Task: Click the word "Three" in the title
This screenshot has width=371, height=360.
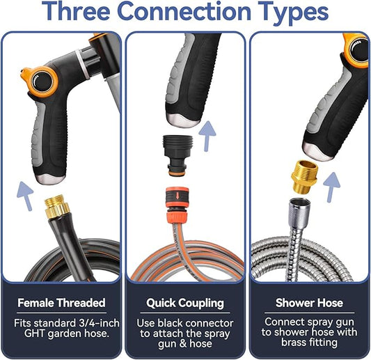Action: pyautogui.click(x=76, y=11)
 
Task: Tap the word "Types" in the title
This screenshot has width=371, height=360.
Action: pyautogui.click(x=294, y=13)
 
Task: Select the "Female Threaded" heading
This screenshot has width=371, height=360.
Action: pyautogui.click(x=61, y=303)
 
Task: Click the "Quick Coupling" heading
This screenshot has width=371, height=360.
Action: pyautogui.click(x=185, y=303)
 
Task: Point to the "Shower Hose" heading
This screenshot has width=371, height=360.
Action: pyautogui.click(x=309, y=303)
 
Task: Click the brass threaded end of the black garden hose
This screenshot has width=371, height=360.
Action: pyautogui.click(x=57, y=206)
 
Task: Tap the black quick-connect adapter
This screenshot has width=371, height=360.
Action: pyautogui.click(x=177, y=155)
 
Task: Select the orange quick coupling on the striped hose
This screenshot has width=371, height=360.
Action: pyautogui.click(x=177, y=203)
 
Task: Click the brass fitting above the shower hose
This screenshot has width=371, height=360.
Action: pyautogui.click(x=304, y=176)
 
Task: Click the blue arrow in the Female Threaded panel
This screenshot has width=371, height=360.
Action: pyautogui.click(x=25, y=196)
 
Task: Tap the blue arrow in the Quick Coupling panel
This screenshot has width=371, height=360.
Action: pyautogui.click(x=207, y=136)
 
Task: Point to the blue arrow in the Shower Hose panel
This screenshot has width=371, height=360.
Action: pyautogui.click(x=331, y=187)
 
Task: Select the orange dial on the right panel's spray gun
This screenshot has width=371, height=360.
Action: pyautogui.click(x=356, y=49)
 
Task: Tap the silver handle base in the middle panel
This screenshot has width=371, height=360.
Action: pyautogui.click(x=183, y=120)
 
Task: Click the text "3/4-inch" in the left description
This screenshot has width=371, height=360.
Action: pyautogui.click(x=99, y=323)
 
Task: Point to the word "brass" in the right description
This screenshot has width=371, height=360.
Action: pyautogui.click(x=295, y=343)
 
